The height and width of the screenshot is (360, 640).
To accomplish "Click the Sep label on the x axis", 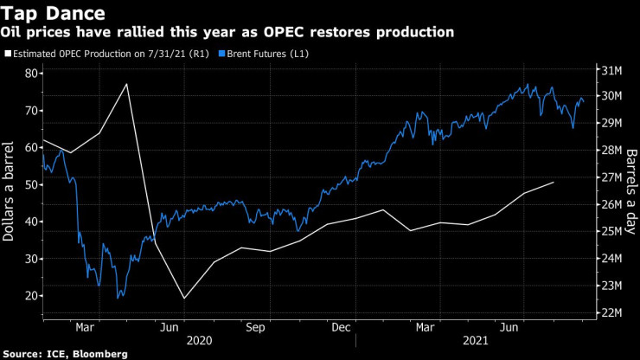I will (x=255, y=327).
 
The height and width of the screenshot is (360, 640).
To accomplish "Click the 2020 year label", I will (x=198, y=341).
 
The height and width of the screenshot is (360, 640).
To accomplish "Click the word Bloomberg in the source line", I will (x=99, y=354).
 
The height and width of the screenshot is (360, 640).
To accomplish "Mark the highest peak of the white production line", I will (x=127, y=84).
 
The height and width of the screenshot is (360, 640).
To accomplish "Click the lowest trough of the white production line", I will (x=184, y=299).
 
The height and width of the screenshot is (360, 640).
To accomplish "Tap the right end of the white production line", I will (x=554, y=183).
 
